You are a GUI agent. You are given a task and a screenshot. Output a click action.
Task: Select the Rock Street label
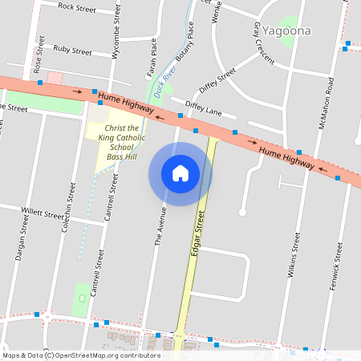77,7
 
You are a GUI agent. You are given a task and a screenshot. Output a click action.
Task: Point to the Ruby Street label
72,49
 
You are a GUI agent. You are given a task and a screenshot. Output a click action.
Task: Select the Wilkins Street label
294,255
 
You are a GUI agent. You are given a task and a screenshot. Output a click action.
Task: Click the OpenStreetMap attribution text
81,355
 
